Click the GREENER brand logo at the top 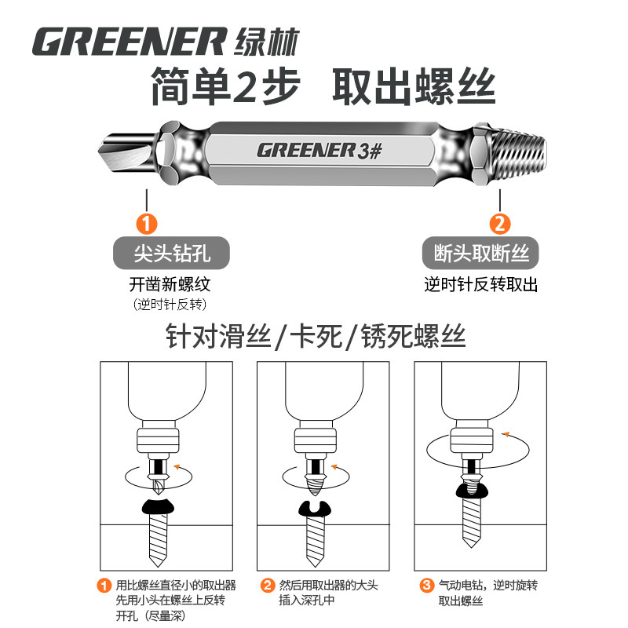click(130, 42)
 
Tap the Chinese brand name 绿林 click(267, 41)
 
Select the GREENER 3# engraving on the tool click(318, 150)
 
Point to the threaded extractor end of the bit click(513, 151)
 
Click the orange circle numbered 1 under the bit click(147, 223)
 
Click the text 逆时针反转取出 click(481, 284)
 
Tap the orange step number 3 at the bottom click(426, 585)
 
